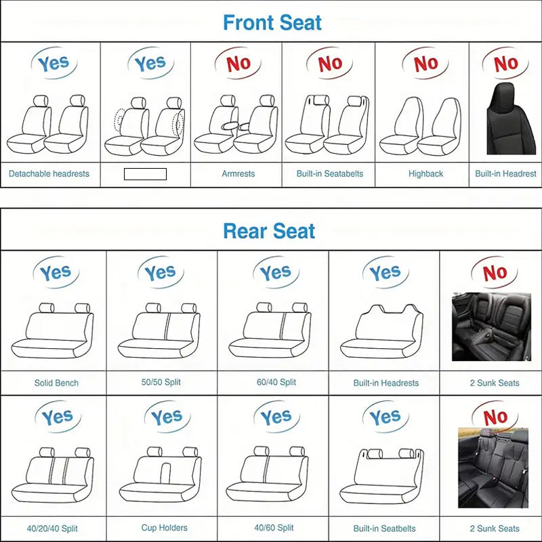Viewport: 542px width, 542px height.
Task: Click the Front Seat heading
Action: pos(272,22)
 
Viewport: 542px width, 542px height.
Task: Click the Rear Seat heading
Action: pos(269,231)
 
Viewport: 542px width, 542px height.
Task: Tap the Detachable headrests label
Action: pos(49,173)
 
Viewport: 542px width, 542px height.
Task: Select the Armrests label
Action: pos(238,173)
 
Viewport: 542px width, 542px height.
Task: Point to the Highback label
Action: pos(425,173)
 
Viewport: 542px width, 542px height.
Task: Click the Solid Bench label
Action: pos(56,383)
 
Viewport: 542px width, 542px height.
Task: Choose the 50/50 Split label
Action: pos(161,382)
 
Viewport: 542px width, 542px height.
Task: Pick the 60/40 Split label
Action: pos(276,382)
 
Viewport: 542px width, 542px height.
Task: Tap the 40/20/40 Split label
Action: pos(53,528)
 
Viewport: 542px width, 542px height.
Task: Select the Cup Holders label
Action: pos(165,528)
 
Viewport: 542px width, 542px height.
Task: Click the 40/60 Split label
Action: pos(274,528)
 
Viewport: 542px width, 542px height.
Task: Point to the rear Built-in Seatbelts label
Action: pos(385,528)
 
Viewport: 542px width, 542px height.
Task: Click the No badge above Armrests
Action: pos(238,64)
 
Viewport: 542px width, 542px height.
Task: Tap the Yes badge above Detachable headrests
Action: pos(53,64)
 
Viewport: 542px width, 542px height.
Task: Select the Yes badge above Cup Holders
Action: pos(166,418)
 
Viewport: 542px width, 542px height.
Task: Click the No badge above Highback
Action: pos(425,64)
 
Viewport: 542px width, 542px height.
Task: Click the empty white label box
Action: pos(145,174)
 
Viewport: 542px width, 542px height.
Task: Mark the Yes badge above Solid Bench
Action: pos(56,274)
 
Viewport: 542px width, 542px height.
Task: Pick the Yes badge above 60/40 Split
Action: pos(276,273)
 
